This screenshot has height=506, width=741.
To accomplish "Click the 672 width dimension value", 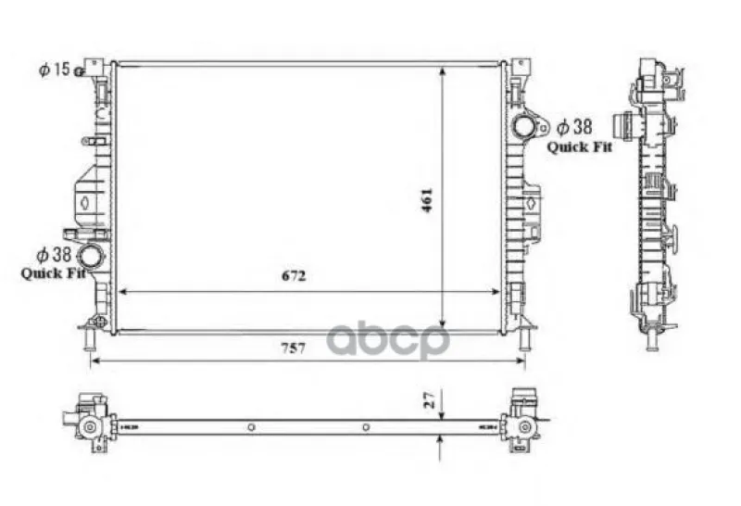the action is click(294, 275).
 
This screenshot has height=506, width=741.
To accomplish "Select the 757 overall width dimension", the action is click(294, 348).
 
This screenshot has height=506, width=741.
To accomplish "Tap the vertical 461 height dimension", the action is click(427, 200).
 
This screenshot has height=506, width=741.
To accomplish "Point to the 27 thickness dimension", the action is click(429, 399).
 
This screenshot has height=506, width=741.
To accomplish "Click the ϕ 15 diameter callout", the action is click(54, 70).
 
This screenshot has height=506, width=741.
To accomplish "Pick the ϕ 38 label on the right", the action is click(574, 127).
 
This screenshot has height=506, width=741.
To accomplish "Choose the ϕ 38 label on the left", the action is click(54, 255).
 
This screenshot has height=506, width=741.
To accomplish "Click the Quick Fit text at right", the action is click(580, 147).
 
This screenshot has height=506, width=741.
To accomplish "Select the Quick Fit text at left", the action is click(53, 273).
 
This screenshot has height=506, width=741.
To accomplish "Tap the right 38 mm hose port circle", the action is click(523, 127).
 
